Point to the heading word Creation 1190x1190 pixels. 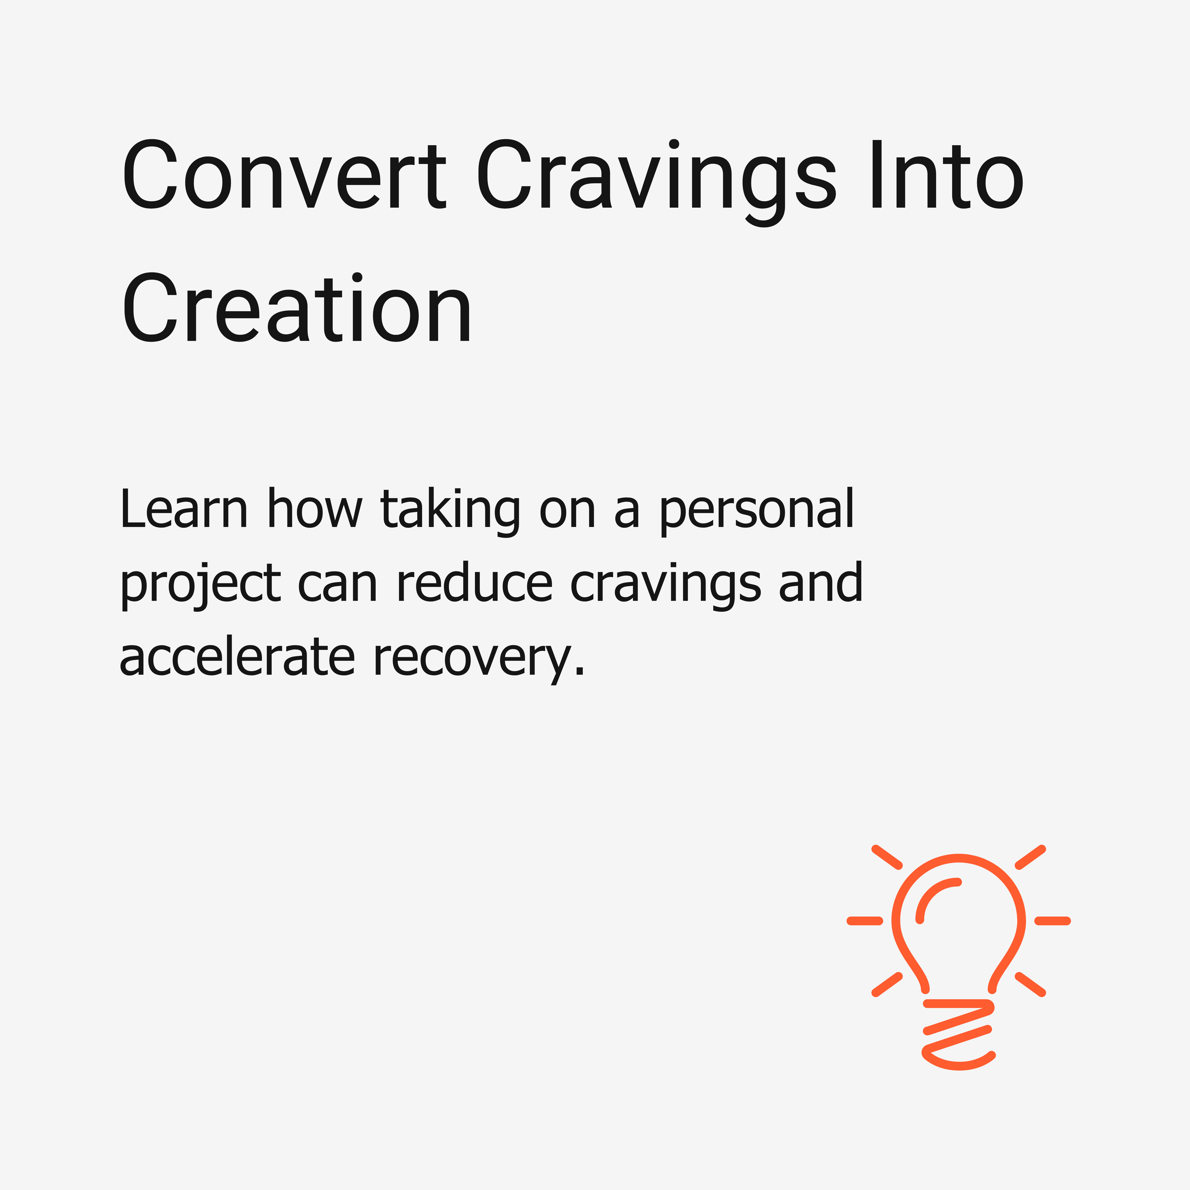pos(297,307)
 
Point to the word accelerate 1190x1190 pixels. pos(237,657)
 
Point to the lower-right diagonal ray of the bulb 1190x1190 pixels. pos(1031,984)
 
